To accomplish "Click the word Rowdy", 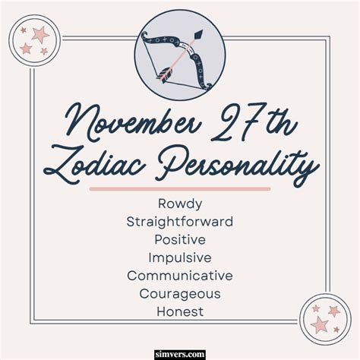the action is click(180, 204).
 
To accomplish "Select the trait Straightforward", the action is click(180, 222).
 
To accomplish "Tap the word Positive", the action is click(180, 239).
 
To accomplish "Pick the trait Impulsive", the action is click(180, 257).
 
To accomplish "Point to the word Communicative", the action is click(180, 276).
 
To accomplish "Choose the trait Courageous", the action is click(180, 294).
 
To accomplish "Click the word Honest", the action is click(180, 311).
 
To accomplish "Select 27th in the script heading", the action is click(254, 122).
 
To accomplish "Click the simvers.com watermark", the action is click(180, 354).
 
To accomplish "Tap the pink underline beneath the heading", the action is click(180, 189).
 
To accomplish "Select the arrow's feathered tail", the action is click(163, 74).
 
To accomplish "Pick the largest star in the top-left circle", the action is click(40, 35).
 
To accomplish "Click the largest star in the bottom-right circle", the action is click(320, 324).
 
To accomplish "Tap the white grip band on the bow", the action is click(187, 47).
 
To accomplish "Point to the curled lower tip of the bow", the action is click(208, 86).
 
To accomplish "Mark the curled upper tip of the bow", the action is click(145, 36).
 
